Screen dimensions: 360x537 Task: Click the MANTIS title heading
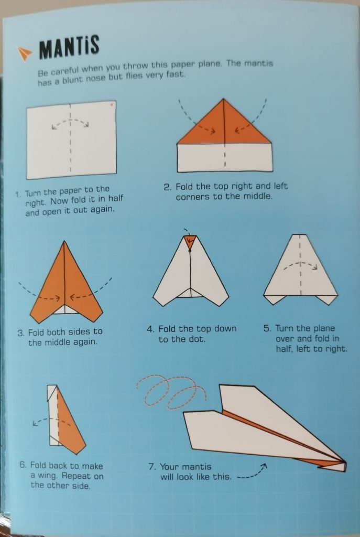(x=70, y=47)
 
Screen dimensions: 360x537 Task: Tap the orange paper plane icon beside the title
(x=25, y=53)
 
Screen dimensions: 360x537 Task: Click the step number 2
(x=167, y=187)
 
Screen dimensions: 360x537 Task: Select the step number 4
(x=150, y=329)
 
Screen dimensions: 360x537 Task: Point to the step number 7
(x=152, y=467)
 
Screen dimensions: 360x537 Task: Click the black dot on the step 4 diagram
(x=190, y=250)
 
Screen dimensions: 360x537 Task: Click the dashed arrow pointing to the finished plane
(x=252, y=472)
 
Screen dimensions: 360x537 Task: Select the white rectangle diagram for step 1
(x=71, y=139)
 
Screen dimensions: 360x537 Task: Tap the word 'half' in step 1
(x=115, y=199)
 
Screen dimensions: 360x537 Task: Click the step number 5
(x=267, y=328)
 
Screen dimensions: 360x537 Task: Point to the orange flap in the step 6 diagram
(x=71, y=425)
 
